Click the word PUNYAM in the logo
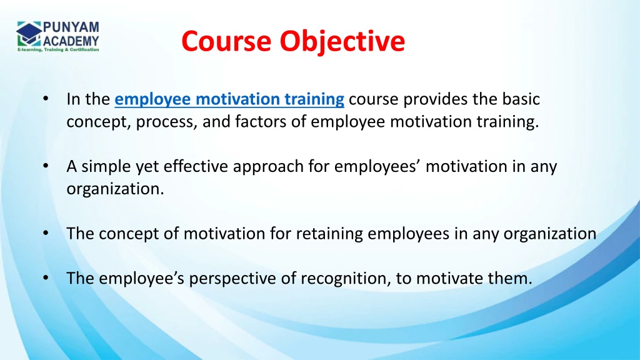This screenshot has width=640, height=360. coord(70,26)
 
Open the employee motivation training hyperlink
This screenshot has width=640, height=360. coord(230,99)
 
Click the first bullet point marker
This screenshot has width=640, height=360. coord(46,100)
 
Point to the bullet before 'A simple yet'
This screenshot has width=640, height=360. coord(46,167)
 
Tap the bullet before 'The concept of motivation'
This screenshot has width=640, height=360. coord(46,234)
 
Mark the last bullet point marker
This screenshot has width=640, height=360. coord(46,279)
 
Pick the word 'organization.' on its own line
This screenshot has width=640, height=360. coord(115,189)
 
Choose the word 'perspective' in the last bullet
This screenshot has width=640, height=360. coord(233,279)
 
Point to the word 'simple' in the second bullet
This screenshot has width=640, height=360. coord(100,167)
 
